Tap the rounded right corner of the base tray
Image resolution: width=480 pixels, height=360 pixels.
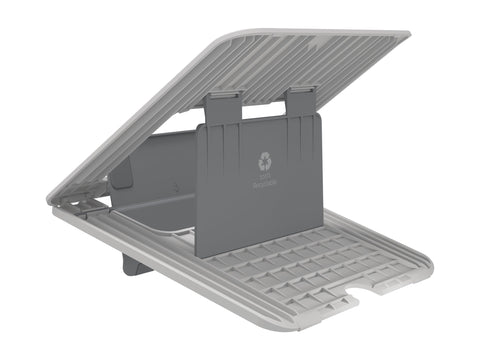pyautogui.click(x=428, y=262)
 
